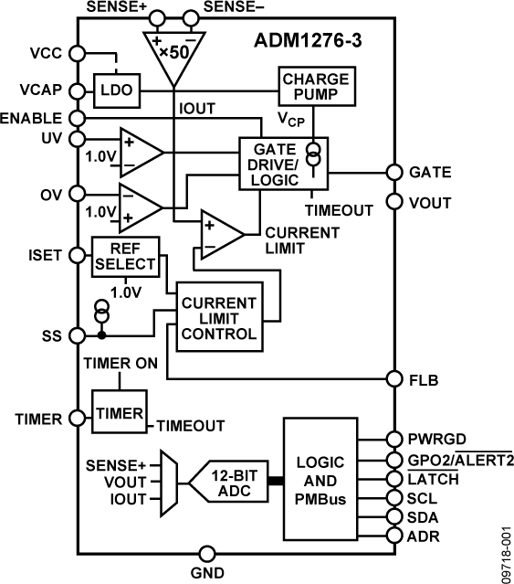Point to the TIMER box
click(118, 413)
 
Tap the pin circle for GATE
click(394, 172)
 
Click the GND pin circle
click(207, 554)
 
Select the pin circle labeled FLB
click(394, 378)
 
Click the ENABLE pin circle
click(78, 119)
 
